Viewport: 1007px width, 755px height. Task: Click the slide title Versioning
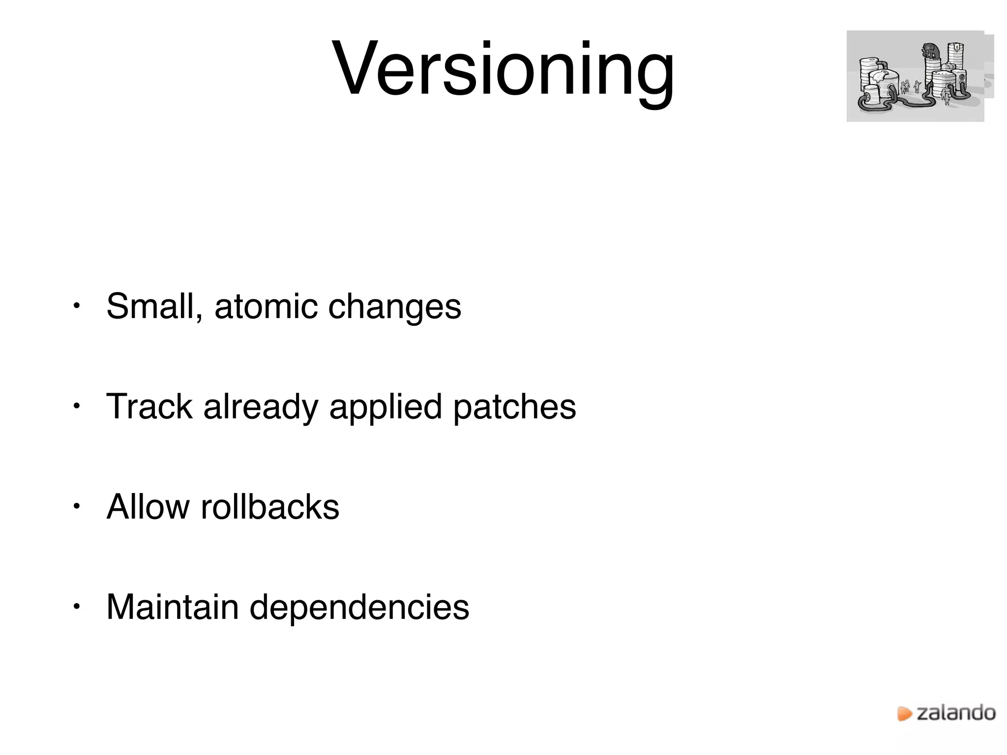click(x=503, y=69)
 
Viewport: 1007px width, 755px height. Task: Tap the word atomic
click(x=266, y=307)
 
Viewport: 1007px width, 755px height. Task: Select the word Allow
click(x=148, y=507)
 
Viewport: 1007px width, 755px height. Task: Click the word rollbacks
click(x=270, y=507)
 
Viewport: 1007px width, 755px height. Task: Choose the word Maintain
click(x=173, y=608)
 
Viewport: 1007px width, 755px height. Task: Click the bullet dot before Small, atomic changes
click(x=76, y=306)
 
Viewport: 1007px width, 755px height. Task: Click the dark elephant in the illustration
click(x=930, y=51)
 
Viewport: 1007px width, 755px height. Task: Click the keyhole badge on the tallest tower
click(x=957, y=47)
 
